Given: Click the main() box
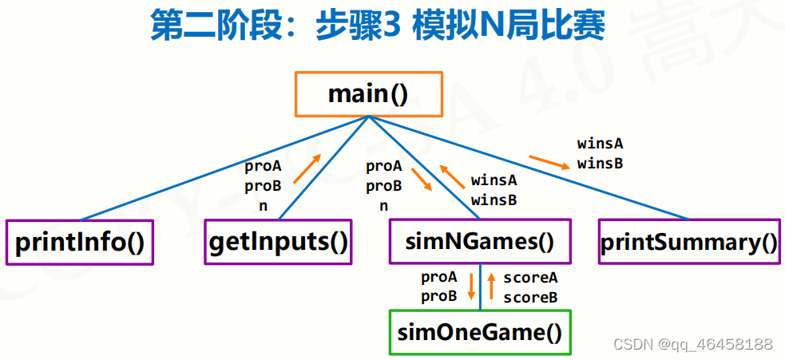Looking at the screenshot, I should point(368,94).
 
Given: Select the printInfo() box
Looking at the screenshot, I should point(79,241).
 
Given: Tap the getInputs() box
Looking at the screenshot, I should point(278,241).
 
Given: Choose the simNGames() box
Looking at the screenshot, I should point(481,241).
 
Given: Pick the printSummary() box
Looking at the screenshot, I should point(688,241).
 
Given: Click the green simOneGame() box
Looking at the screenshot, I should point(480,331).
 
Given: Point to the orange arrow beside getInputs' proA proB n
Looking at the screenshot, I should point(307,168).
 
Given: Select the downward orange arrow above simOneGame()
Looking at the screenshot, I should point(471,286).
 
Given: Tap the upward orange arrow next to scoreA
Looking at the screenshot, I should point(492,286).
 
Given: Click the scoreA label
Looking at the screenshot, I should point(529,278).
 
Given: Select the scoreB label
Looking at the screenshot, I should point(529,296).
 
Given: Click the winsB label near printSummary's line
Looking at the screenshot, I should point(600,163).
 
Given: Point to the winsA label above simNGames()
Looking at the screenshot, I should point(494,180).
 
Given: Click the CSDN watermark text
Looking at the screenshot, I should point(692,344).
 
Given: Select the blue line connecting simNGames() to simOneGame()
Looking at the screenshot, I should point(480,287).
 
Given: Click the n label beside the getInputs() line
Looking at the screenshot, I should point(262,204).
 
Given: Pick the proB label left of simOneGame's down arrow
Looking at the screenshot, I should point(439,295).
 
